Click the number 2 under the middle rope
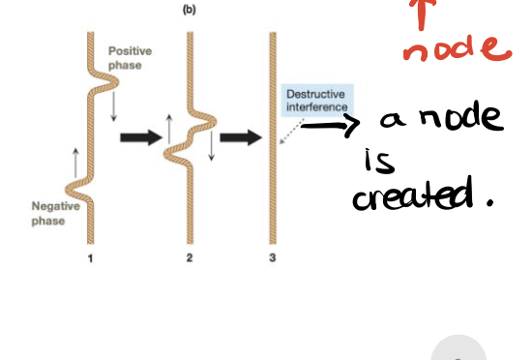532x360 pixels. (x=190, y=258)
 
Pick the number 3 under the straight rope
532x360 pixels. (x=272, y=258)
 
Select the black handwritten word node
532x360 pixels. (x=453, y=120)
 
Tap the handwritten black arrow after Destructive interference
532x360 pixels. (x=330, y=124)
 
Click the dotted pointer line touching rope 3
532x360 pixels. (x=291, y=133)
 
